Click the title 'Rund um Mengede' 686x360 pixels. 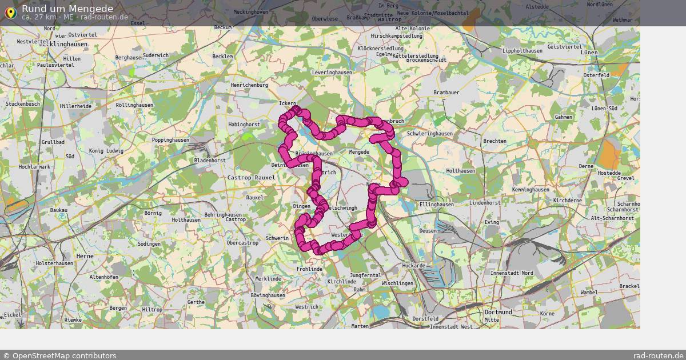67,9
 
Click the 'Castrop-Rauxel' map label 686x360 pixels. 251,178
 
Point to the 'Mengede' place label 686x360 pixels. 359,152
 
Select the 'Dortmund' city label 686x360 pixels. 498,313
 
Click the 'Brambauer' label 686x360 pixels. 446,93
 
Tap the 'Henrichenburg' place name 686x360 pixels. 249,85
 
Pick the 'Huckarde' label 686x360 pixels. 413,266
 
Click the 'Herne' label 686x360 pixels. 85,257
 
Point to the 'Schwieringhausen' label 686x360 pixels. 430,134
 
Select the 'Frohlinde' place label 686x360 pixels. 309,269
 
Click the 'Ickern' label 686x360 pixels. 287,103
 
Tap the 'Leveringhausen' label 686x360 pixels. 332,73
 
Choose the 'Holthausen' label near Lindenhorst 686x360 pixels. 460,171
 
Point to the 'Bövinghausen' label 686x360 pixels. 268,295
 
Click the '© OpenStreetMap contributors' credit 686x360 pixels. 59,355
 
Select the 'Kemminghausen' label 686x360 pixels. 531,190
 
